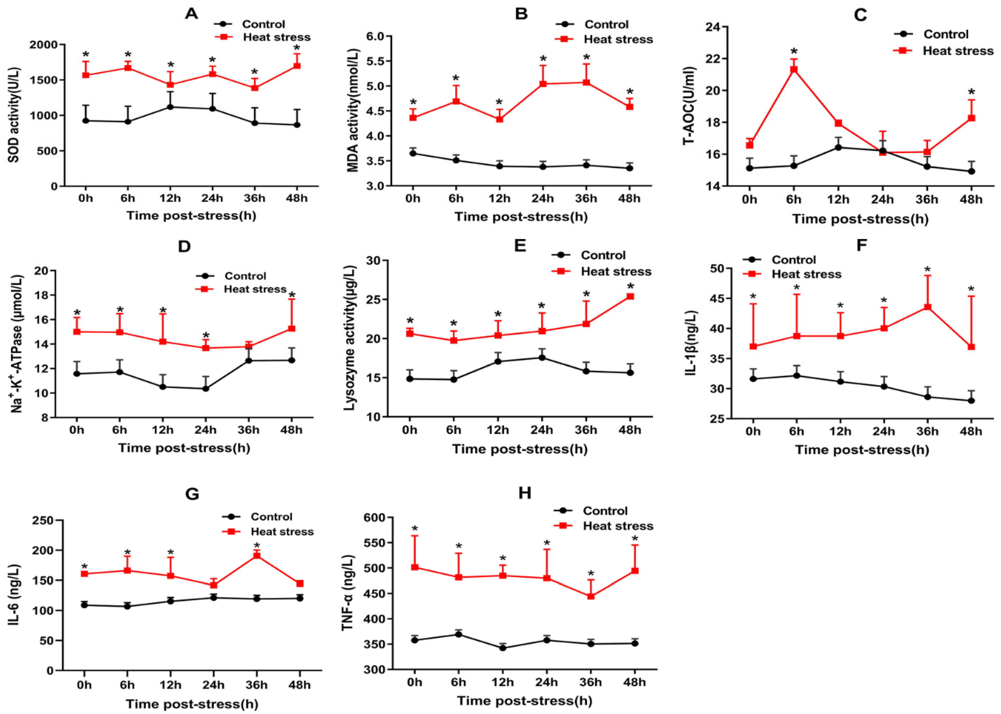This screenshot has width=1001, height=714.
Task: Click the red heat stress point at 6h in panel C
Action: point(794,69)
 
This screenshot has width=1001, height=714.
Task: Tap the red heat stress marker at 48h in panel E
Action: point(630,296)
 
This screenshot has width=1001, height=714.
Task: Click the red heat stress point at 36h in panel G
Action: point(256,555)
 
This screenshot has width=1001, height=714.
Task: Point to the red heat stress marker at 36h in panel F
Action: point(928,307)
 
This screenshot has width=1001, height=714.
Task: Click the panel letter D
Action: point(184,246)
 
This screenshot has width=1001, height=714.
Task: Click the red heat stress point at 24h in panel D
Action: point(205,348)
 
